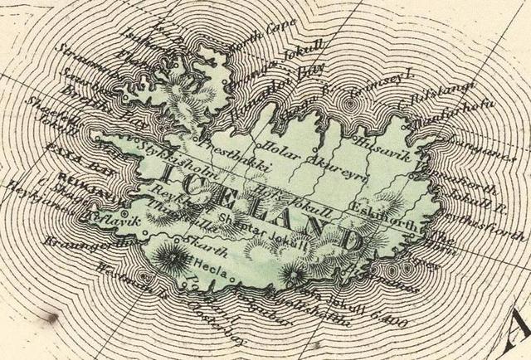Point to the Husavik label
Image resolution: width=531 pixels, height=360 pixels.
pos(378,144)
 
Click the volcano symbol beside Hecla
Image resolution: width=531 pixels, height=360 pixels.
pos(177,255)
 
